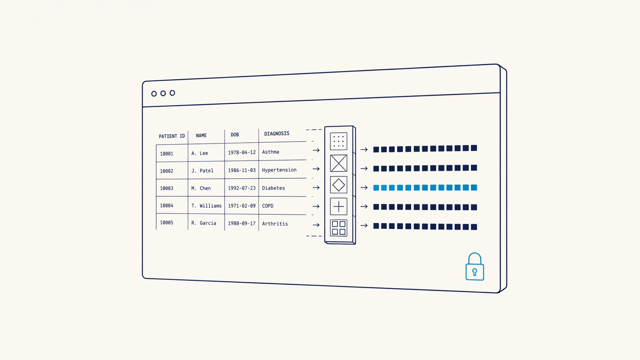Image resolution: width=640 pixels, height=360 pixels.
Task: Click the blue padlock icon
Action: [475, 267]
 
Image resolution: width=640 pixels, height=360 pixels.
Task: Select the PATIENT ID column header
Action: [172, 136]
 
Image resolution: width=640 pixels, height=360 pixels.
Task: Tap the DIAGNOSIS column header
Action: [277, 134]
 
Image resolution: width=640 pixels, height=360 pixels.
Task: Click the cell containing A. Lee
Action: [199, 153]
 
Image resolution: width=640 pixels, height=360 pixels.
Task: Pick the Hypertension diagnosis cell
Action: [279, 170]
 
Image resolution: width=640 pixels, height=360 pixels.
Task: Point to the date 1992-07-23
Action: [242, 188]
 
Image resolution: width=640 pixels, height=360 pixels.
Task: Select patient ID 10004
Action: [166, 205]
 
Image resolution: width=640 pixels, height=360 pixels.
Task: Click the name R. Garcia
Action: [204, 223]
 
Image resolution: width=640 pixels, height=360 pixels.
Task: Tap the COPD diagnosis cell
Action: [268, 206]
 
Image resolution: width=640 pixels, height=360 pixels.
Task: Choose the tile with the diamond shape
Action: [339, 185]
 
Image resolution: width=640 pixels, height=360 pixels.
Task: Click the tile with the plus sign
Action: [339, 207]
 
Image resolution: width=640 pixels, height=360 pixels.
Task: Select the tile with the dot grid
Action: [339, 141]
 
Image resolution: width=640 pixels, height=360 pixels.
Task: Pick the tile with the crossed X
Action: [339, 163]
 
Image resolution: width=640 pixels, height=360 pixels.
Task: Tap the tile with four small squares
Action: [339, 228]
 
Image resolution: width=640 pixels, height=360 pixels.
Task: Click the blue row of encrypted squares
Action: [425, 187]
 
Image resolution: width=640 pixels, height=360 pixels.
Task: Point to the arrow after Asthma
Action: [316, 150]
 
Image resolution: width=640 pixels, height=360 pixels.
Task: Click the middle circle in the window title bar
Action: [163, 93]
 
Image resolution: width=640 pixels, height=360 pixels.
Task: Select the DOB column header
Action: [235, 135]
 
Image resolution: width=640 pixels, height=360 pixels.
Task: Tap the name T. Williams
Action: [206, 205]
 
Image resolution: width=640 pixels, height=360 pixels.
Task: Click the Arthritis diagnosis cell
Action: [275, 224]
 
